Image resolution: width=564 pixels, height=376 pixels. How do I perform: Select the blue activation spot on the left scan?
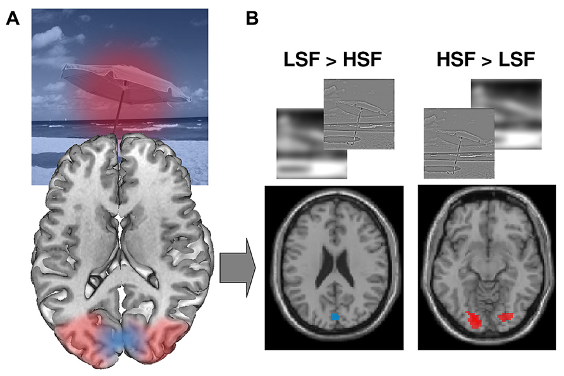point(336,315)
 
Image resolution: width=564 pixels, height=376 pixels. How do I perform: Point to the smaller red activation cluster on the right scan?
point(505,316)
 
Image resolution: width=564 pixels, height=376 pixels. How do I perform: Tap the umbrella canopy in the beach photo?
point(120,82)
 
